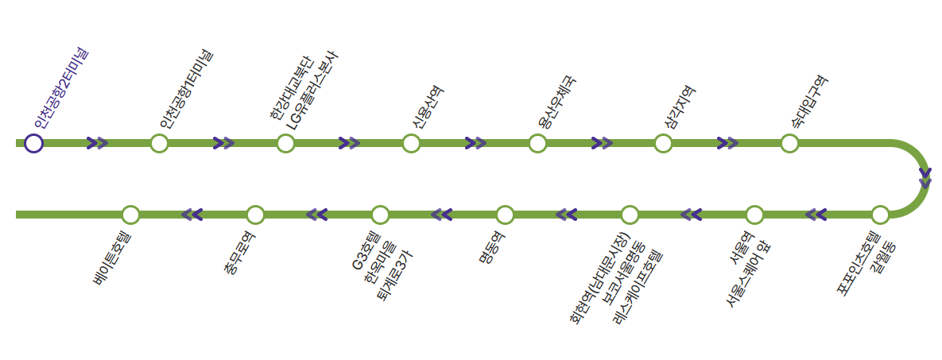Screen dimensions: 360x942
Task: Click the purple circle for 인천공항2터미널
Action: click(x=33, y=143)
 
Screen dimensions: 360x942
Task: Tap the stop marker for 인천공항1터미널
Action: click(x=159, y=143)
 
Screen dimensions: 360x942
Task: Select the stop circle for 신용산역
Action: click(x=411, y=143)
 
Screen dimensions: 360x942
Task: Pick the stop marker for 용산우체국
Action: click(x=537, y=143)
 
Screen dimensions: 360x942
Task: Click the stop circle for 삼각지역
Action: click(x=663, y=143)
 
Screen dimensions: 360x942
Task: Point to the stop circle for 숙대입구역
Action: click(x=789, y=143)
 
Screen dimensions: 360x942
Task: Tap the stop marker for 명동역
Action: click(x=505, y=215)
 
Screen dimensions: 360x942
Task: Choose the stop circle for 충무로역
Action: click(x=255, y=215)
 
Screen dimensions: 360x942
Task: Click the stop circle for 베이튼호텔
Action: click(x=131, y=215)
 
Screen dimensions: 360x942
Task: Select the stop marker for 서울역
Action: click(x=754, y=215)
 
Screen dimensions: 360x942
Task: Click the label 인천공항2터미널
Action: click(x=61, y=89)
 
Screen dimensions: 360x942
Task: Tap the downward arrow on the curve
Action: click(x=925, y=178)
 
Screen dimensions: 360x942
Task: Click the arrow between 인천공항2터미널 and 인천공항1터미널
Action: click(x=97, y=143)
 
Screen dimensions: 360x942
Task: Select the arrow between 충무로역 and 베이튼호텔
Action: click(x=192, y=215)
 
